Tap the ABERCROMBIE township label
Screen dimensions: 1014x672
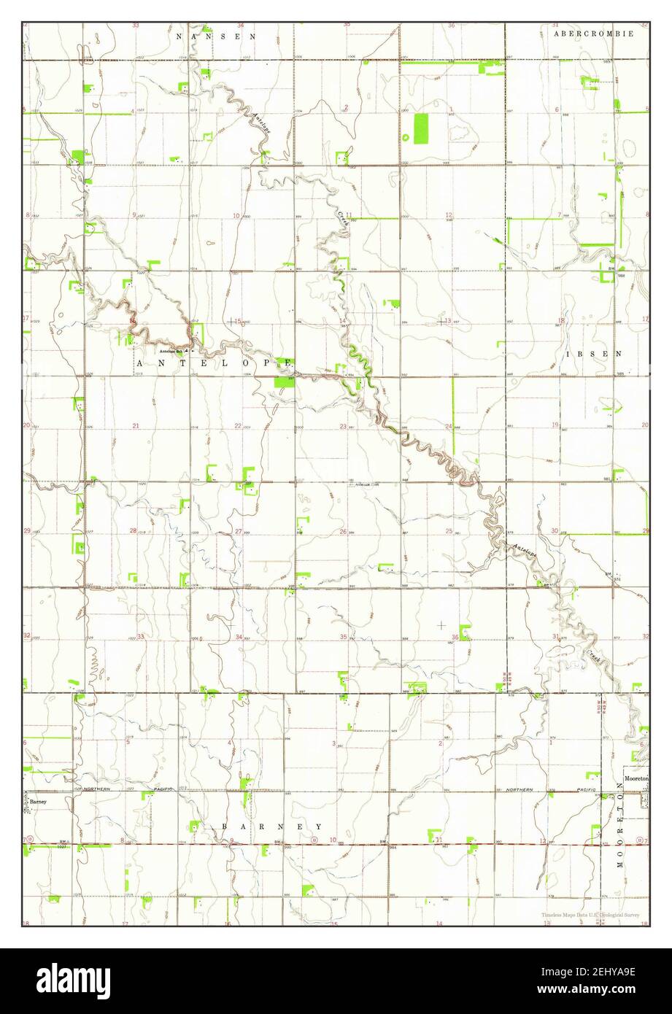(x=593, y=34)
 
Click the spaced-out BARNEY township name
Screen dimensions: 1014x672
(x=272, y=827)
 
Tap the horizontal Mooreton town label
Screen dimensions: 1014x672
(x=636, y=779)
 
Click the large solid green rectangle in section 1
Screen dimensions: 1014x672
(x=421, y=128)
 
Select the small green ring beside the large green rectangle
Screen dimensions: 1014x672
(x=405, y=136)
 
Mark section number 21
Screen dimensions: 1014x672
(x=136, y=425)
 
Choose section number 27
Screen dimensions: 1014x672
(x=239, y=531)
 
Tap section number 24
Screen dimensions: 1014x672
(x=449, y=426)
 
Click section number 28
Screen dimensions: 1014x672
(x=134, y=531)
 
